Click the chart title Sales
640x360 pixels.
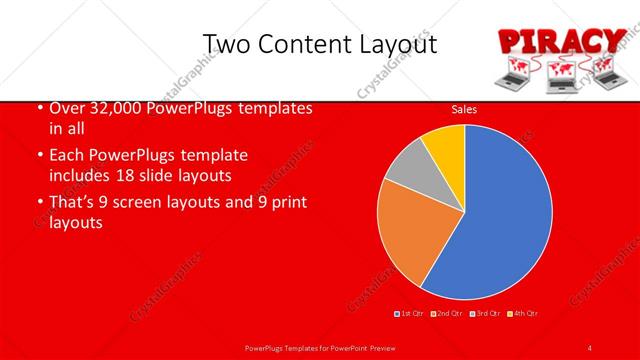pyautogui.click(x=464, y=108)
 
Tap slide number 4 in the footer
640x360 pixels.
pyautogui.click(x=590, y=347)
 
